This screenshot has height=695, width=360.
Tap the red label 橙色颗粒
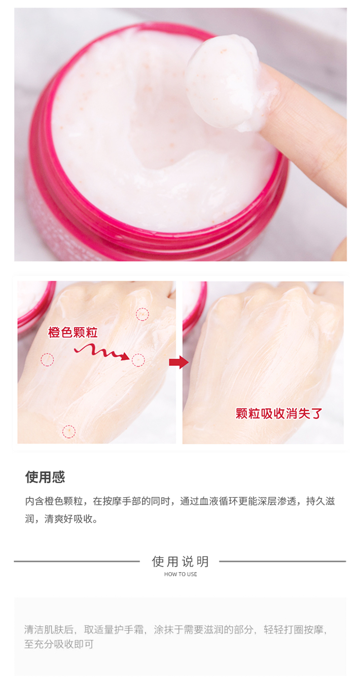[72, 332]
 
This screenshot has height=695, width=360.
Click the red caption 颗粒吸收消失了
[279, 414]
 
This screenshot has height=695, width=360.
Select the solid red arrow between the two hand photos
[179, 362]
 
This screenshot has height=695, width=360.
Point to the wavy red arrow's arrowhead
[125, 356]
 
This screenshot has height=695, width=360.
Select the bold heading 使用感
[45, 477]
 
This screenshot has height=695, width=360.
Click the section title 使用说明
[180, 561]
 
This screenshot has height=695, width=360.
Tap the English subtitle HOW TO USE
[180, 574]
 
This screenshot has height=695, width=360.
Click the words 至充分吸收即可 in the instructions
[59, 644]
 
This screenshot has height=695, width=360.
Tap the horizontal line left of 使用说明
[76, 561]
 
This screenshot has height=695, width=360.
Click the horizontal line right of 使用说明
[283, 561]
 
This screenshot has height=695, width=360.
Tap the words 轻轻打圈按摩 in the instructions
[293, 629]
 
